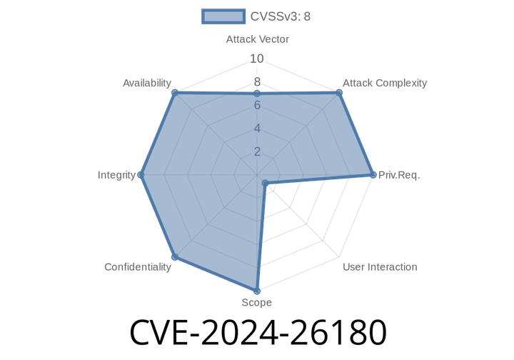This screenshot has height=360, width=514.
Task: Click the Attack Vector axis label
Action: click(x=257, y=39)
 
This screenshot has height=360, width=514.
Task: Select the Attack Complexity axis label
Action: click(x=384, y=83)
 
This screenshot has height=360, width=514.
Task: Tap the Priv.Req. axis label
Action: click(x=399, y=174)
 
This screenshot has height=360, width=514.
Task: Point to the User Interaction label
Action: click(x=380, y=267)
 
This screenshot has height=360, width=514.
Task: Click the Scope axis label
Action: click(x=256, y=303)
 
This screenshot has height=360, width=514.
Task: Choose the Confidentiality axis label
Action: click(x=138, y=267)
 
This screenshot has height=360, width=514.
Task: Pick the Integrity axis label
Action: click(x=116, y=174)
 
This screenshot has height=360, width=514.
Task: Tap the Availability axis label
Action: click(x=146, y=83)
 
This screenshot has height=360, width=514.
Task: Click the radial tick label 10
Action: click(x=257, y=59)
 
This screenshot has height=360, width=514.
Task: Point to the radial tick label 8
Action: click(x=257, y=82)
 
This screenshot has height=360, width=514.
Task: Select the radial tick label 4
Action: click(x=257, y=129)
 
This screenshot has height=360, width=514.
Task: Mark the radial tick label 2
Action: click(x=257, y=151)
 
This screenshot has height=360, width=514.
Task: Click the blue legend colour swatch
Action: click(x=223, y=16)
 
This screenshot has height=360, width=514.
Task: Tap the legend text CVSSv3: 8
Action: click(x=281, y=16)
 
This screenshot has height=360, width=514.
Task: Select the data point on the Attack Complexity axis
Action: click(x=339, y=91)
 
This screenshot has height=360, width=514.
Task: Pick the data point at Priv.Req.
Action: click(x=373, y=174)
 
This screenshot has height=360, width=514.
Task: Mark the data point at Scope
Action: click(x=256, y=291)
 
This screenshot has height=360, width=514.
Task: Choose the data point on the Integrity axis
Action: click(x=140, y=174)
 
